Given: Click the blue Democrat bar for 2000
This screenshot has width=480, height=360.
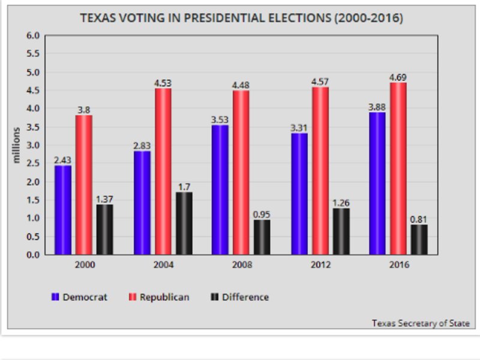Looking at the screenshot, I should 63,209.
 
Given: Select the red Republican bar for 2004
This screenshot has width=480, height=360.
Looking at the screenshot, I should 163,171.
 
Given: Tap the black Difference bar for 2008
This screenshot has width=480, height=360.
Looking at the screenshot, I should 262,236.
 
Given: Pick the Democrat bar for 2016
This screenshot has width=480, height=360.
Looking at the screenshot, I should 377,183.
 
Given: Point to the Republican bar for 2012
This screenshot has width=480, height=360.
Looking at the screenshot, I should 320,170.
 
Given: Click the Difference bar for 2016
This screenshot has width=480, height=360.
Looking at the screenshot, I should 419,239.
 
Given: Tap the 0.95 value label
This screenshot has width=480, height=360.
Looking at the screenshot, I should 262,214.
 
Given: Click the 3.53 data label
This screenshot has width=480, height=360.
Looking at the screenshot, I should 220,119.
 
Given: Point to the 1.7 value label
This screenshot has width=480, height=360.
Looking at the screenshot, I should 184,187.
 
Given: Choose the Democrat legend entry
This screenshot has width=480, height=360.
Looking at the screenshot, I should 81,297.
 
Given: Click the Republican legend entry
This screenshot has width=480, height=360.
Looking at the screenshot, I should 160,297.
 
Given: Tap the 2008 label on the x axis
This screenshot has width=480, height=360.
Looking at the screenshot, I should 241,265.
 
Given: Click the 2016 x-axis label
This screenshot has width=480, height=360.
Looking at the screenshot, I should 398,265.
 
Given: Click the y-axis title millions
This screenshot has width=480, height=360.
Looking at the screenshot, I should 17,145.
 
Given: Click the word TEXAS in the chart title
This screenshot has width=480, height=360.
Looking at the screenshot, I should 95,19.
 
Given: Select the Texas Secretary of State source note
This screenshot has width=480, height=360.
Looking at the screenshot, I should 420,323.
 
